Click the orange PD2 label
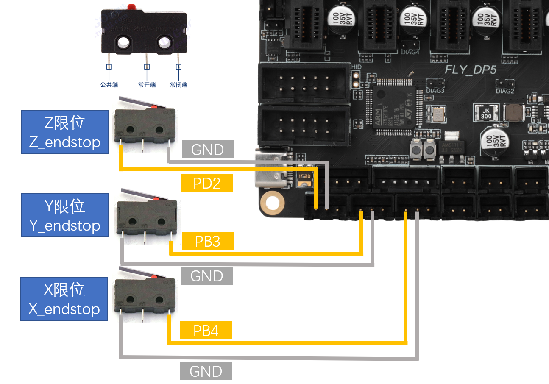pos(207,183)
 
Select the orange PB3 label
pos(207,241)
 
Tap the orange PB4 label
pos(206,331)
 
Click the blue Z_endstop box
pos(65,132)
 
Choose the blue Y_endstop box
pos(65,215)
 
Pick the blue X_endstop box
pos(64,299)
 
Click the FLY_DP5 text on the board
pos(470,69)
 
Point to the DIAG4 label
pos(410,53)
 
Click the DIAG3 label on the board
pos(435,90)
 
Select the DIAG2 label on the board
pos(505,91)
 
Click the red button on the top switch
pos(131,6)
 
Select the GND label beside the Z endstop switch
pos(208,150)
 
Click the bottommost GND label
pos(206,371)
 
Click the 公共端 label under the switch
pos(109,85)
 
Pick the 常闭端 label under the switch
pos(178,85)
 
